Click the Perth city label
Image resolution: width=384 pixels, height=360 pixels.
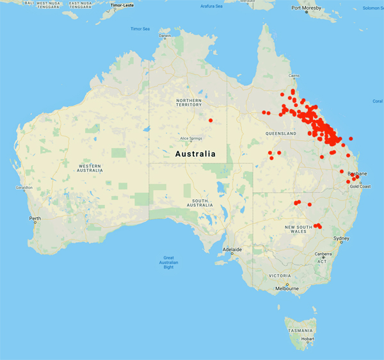(35, 218)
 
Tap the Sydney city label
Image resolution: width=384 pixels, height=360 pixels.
(341, 239)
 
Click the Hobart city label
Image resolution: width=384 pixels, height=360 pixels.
(308, 338)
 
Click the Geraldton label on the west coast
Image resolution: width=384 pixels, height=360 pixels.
(17, 188)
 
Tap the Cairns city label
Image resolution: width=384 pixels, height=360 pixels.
(294, 76)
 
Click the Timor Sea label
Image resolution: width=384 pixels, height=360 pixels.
(140, 29)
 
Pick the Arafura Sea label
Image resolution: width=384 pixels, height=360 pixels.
(211, 6)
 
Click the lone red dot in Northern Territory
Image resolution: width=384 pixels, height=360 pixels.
(211, 120)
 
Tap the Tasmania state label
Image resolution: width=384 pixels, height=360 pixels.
(301, 330)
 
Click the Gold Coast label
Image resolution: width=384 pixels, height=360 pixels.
(360, 186)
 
